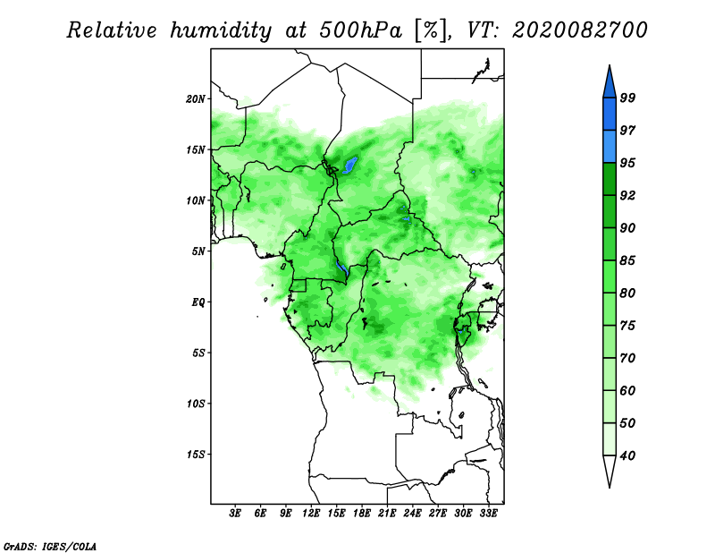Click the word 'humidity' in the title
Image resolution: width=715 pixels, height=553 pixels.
click(x=221, y=30)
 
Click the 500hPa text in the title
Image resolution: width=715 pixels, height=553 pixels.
click(x=361, y=30)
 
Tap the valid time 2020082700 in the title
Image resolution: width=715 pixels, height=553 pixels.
click(x=579, y=30)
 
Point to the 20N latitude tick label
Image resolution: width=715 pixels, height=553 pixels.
click(x=196, y=98)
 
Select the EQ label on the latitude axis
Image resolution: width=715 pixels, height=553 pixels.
click(x=198, y=302)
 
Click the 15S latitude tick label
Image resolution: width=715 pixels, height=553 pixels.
click(x=196, y=455)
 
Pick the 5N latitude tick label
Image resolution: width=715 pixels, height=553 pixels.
click(x=198, y=251)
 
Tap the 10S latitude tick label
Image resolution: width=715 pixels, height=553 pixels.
click(x=196, y=404)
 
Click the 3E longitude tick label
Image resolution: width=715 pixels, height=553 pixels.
click(x=235, y=513)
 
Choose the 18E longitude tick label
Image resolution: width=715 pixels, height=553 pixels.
click(x=362, y=513)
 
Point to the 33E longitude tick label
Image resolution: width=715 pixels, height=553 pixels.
click(x=488, y=513)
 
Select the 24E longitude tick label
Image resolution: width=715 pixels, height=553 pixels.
click(x=412, y=513)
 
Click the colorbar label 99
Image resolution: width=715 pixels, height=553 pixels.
click(x=627, y=98)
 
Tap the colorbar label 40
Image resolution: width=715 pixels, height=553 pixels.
click(x=627, y=455)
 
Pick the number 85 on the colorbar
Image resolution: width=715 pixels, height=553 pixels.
click(x=627, y=260)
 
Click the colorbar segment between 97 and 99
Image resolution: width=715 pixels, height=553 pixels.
click(x=610, y=115)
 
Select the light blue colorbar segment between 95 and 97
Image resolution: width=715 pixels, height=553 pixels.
click(x=610, y=147)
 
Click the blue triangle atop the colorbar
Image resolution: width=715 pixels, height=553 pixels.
click(x=610, y=84)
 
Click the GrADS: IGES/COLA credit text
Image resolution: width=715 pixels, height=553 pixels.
click(x=50, y=547)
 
